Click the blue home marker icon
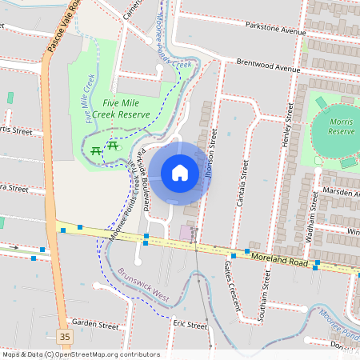[180, 173]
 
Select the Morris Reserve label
[342, 126]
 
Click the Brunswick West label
[145, 284]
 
